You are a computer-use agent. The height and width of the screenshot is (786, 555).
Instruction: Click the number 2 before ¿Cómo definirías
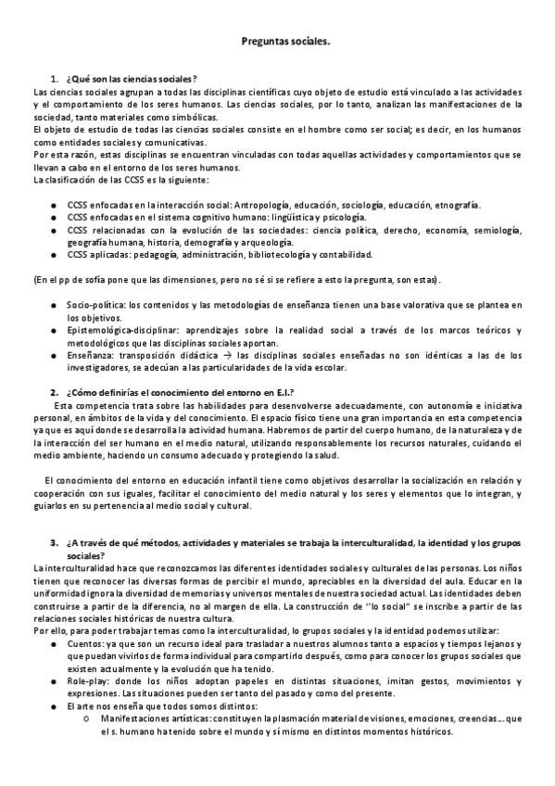[55, 392]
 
